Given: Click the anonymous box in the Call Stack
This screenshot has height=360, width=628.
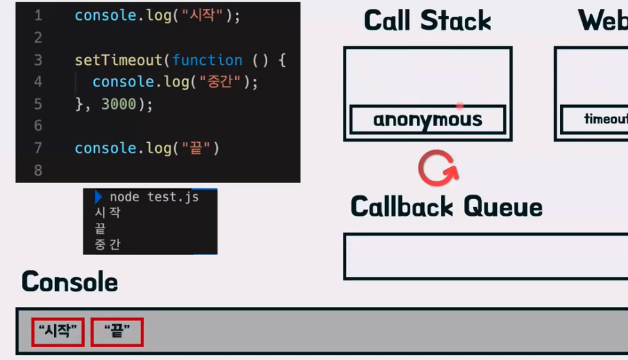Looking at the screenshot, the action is click(427, 120).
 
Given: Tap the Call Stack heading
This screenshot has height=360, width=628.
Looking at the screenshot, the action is click(427, 20).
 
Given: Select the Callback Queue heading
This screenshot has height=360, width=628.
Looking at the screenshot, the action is click(447, 207).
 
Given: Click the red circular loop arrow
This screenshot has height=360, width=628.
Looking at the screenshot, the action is click(438, 168).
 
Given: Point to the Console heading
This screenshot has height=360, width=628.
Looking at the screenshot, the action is click(70, 282).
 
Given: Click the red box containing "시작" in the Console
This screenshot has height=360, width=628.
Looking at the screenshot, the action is click(58, 332).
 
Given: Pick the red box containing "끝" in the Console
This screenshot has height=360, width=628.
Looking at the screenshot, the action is click(117, 332).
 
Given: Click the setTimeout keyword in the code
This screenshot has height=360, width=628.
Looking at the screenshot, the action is click(119, 60).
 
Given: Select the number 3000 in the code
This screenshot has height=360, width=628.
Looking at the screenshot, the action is click(119, 104).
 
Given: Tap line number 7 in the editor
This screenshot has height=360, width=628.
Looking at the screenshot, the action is click(38, 148).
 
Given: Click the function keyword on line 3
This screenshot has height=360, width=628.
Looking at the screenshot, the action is click(207, 60).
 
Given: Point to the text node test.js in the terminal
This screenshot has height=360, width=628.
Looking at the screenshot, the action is click(154, 197).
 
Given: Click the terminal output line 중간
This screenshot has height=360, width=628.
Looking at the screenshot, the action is click(107, 244).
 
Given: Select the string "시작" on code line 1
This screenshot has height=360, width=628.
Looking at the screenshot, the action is click(206, 16).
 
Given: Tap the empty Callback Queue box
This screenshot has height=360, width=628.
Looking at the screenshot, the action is click(485, 256).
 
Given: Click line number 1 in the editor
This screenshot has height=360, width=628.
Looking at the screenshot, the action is click(38, 16).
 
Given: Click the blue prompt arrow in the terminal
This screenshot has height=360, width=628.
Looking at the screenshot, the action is click(98, 197).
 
